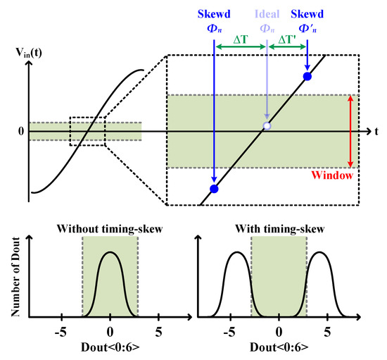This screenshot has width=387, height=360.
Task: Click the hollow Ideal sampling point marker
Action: tap(266, 126)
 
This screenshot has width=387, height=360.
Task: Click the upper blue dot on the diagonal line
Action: tap(307, 75)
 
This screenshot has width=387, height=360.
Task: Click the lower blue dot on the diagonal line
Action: tap(214, 189)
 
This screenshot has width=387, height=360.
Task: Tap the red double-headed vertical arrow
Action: tap(350, 131)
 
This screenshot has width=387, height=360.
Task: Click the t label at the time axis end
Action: tap(377, 131)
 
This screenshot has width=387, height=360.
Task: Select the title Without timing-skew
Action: tap(110, 228)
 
